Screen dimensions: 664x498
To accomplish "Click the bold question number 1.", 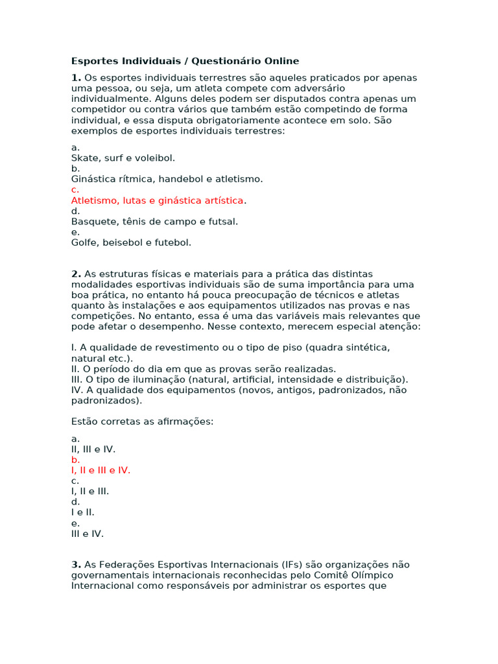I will (75, 78).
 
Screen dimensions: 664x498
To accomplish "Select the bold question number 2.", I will (75, 274).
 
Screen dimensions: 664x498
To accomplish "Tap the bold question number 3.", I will (75, 565).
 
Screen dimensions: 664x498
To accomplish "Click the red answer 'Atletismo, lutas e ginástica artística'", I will (158, 200).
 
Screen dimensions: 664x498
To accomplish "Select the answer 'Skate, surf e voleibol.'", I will (123, 158).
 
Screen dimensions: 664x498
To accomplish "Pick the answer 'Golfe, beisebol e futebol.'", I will (131, 243).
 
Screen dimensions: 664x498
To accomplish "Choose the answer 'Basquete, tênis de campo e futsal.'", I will (154, 222).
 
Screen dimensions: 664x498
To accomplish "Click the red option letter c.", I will (75, 190).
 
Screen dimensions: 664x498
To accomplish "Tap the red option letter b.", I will (75, 460).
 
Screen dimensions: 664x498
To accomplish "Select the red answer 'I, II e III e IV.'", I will (101, 470).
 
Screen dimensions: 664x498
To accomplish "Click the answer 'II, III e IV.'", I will (93, 449).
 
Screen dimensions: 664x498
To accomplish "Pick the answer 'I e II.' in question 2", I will (82, 512).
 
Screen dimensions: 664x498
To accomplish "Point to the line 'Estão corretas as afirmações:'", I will (142, 421).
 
